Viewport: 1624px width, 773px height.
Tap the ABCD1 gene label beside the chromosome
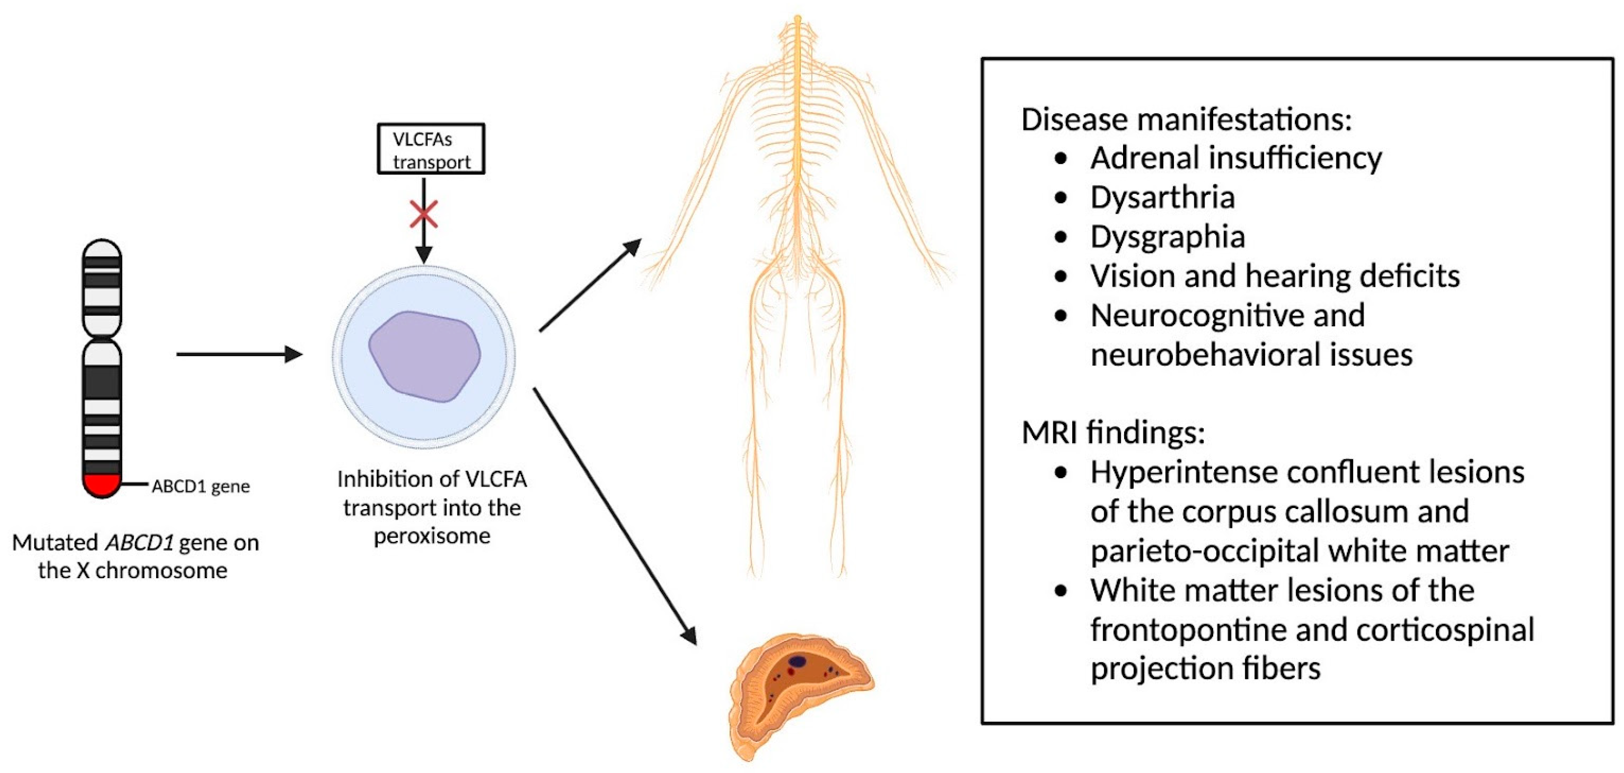point(201,487)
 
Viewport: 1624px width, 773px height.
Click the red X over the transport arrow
point(423,214)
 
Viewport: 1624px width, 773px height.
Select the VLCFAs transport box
point(431,149)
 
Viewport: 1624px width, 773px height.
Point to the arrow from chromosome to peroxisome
point(239,354)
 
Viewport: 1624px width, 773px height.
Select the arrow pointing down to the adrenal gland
point(615,516)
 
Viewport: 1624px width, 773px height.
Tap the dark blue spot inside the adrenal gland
point(798,661)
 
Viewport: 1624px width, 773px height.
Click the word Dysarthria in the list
point(1162,197)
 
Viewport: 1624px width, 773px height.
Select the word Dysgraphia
point(1168,237)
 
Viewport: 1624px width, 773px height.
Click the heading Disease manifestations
point(1186,120)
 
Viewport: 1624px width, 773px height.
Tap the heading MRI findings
point(1113,432)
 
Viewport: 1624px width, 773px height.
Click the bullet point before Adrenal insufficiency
point(1061,158)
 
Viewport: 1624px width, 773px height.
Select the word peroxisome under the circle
point(432,536)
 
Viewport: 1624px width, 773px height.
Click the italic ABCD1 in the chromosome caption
point(139,543)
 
